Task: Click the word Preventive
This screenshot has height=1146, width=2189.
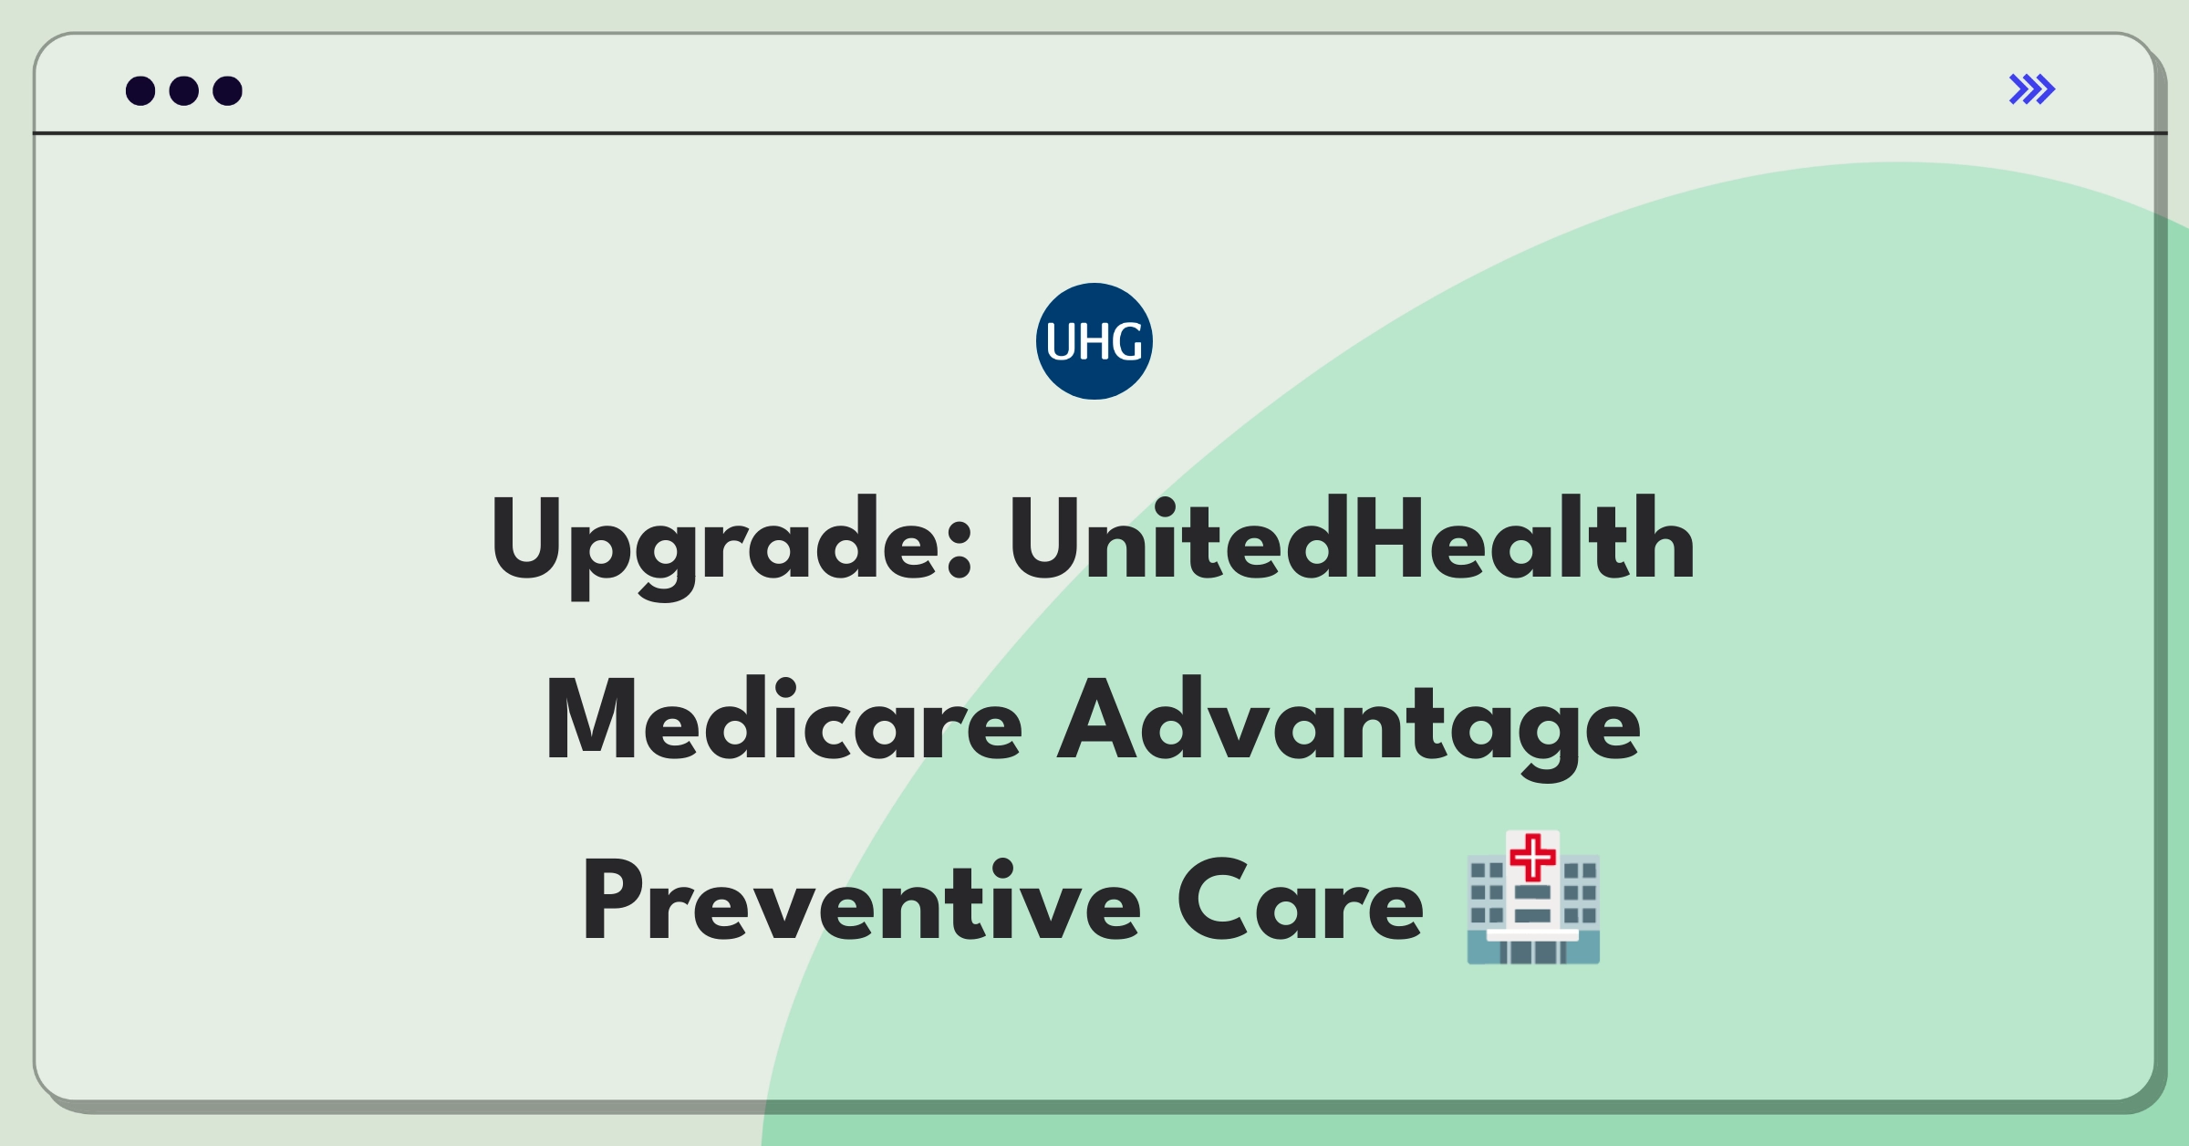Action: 862,901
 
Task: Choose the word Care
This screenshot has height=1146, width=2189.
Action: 1301,901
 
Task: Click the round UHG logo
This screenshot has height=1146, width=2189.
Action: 1094,341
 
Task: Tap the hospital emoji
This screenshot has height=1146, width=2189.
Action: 1533,897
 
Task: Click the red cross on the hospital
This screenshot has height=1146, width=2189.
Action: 1533,858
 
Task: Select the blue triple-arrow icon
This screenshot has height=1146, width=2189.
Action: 2032,89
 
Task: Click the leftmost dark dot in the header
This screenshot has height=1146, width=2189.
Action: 140,90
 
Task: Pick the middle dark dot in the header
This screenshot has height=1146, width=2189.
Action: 184,90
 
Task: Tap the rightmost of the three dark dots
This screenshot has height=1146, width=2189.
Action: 228,90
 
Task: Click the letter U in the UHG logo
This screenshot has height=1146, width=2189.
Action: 1061,342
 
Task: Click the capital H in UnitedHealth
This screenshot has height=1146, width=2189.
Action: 1389,538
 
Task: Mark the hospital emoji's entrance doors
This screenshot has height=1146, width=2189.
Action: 1533,953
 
